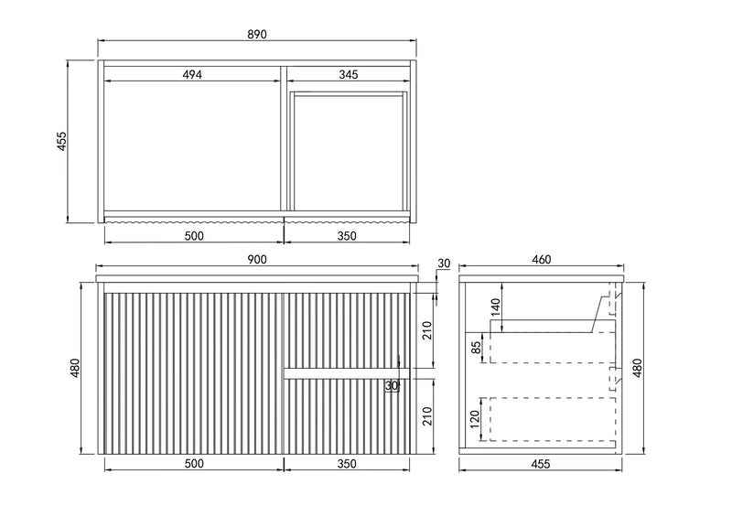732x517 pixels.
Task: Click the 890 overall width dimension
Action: [257, 34]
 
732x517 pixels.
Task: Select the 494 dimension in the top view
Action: [192, 74]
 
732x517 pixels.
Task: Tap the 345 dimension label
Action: [349, 74]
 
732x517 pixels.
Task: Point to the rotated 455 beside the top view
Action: [61, 142]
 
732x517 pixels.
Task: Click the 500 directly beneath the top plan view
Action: [194, 236]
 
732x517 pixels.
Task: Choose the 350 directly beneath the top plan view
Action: [347, 236]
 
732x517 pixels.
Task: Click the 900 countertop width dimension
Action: [257, 260]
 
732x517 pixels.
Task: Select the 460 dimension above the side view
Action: [542, 259]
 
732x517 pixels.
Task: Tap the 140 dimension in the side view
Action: [495, 307]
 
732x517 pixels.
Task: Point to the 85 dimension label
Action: [476, 348]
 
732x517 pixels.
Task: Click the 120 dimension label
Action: [475, 419]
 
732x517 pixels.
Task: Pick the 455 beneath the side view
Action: [541, 464]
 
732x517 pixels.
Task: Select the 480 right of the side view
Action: [637, 368]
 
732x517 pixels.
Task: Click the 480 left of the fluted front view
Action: [75, 368]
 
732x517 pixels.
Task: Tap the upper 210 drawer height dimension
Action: [427, 330]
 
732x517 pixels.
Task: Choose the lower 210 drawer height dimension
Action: [427, 416]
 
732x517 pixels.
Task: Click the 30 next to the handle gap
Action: [392, 386]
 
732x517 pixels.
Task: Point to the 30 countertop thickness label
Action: [444, 264]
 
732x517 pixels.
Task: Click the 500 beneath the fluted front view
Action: [194, 463]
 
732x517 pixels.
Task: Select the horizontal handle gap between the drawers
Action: [347, 373]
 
